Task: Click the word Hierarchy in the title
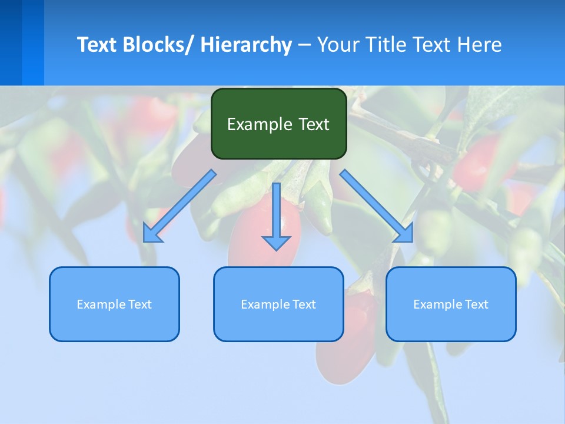click(246, 45)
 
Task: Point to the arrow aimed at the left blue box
click(179, 206)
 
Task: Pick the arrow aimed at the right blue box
click(377, 206)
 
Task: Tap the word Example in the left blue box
click(101, 304)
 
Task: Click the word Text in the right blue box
click(476, 304)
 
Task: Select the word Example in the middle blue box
click(265, 304)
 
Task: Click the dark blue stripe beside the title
click(11, 42)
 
